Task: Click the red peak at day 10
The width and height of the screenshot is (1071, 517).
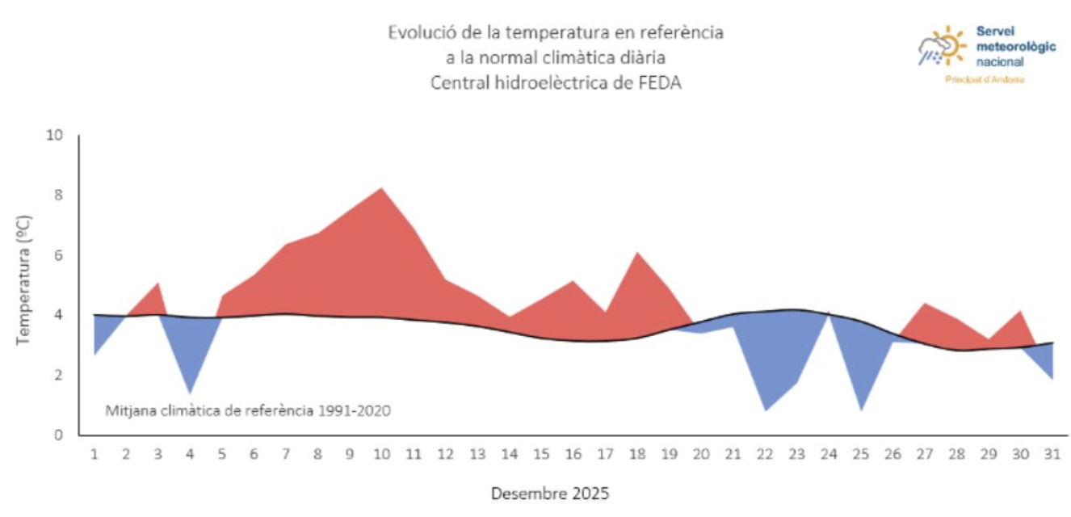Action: point(381,190)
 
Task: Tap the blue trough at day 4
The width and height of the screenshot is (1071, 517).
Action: point(190,391)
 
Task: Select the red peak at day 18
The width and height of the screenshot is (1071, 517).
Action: point(637,254)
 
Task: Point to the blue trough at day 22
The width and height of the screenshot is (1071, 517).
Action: point(765,409)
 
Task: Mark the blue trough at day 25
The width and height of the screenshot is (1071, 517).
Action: point(861,409)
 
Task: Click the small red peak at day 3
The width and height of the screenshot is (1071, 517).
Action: point(158,285)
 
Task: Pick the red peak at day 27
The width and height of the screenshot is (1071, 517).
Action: point(925,305)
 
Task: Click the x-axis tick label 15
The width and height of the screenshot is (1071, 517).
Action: point(541,454)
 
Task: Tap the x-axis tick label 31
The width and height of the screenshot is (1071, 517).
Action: point(1052,454)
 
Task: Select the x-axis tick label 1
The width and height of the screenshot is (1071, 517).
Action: point(94,454)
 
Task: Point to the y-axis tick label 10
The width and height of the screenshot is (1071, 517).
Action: point(55,135)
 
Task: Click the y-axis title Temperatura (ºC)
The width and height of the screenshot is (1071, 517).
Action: point(23,280)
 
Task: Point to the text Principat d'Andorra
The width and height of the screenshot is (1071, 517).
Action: point(985,80)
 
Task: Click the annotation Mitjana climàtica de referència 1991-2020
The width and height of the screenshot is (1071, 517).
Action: point(248,410)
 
